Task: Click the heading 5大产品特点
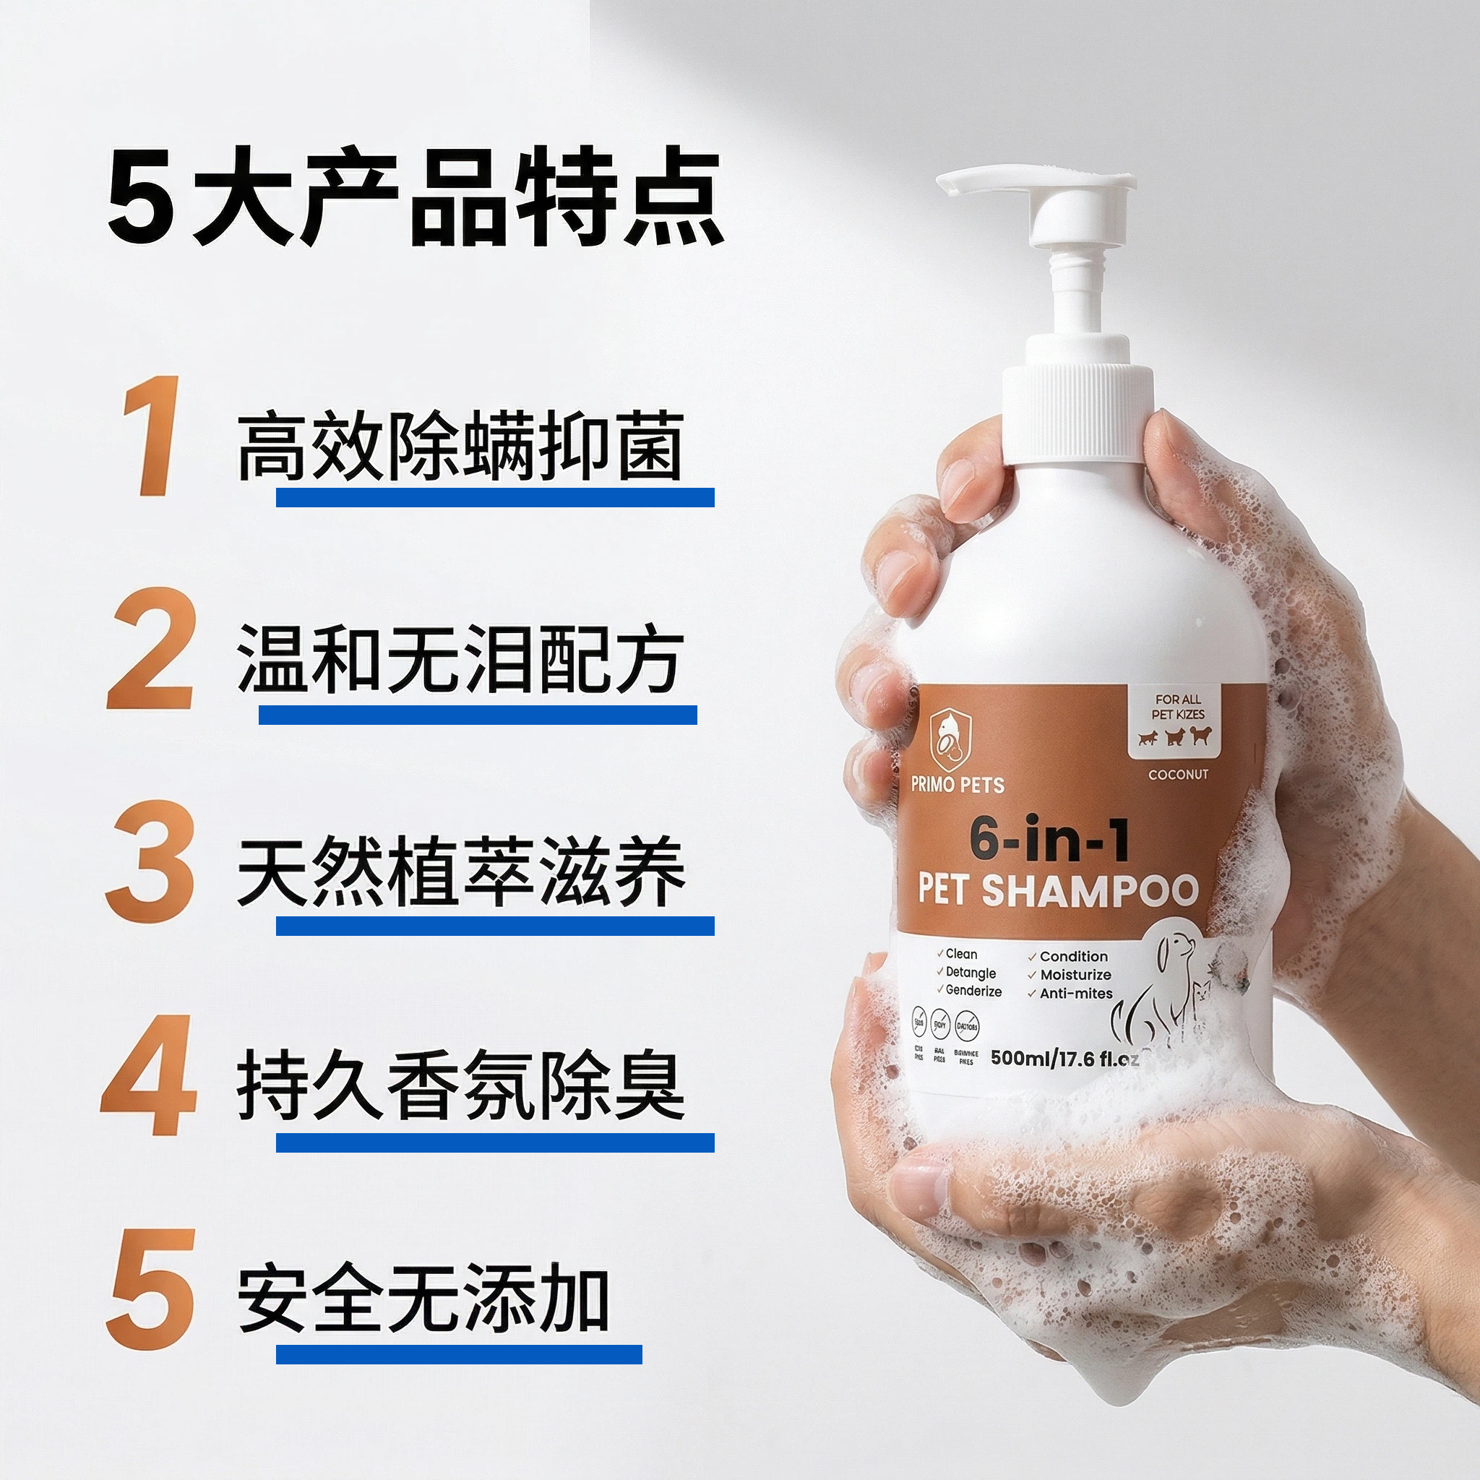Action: (413, 200)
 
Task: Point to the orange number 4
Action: (148, 1075)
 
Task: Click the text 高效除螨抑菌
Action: (460, 446)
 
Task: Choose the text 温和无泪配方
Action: (460, 660)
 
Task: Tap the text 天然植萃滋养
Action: (460, 872)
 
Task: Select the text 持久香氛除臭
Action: (460, 1085)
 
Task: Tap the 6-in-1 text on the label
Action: (1049, 840)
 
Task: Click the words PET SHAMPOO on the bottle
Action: (1057, 890)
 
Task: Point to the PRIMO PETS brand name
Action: (958, 784)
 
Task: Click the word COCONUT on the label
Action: (1177, 775)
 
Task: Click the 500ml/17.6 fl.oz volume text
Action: (1064, 1058)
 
